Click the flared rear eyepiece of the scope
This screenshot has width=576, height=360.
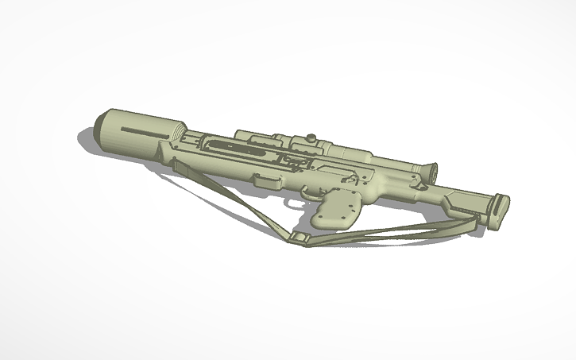[429, 171]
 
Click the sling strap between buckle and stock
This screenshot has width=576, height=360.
[381, 233]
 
